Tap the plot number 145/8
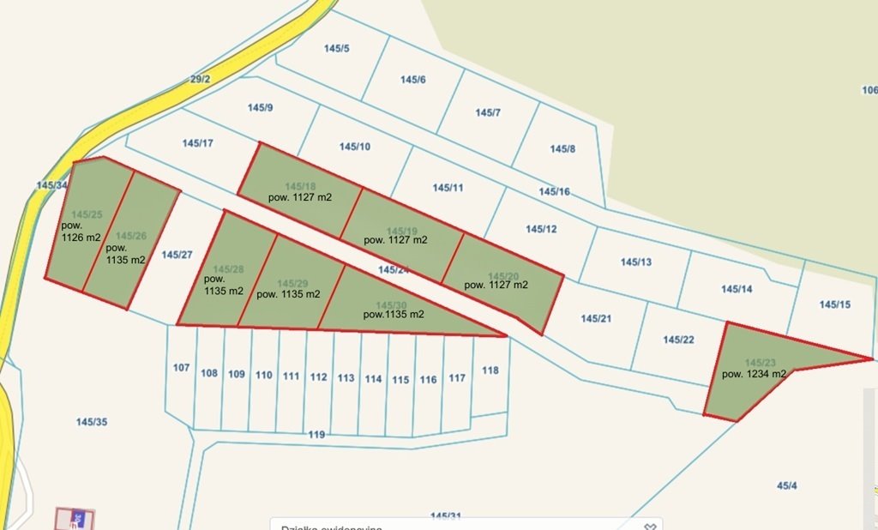[562, 149]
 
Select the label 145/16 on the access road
[554, 191]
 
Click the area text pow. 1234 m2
[754, 374]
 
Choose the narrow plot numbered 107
[181, 368]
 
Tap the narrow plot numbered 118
[490, 370]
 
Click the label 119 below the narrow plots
[316, 436]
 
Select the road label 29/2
[200, 80]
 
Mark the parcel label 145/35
[92, 422]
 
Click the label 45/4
[786, 486]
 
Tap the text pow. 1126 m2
[81, 232]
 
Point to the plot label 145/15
[834, 304]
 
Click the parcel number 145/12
[541, 229]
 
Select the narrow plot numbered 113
[346, 378]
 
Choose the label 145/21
[596, 319]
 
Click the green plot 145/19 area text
[395, 240]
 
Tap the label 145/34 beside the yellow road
[51, 185]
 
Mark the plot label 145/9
[260, 108]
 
